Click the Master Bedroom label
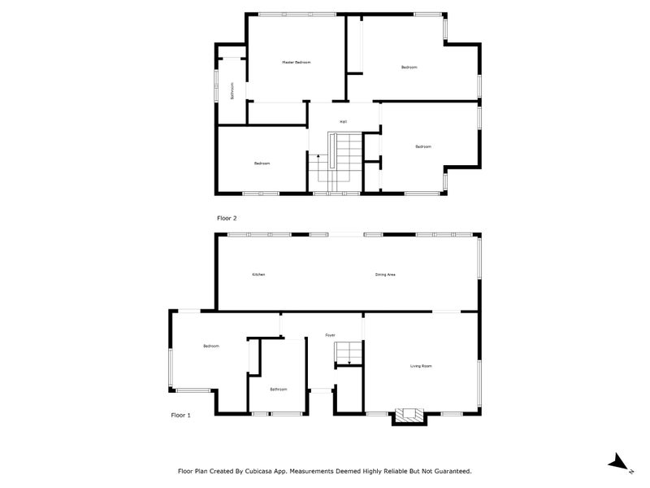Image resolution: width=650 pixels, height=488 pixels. (x=296, y=63)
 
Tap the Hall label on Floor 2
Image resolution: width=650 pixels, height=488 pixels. (x=343, y=122)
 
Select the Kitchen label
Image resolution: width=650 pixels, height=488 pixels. (x=258, y=275)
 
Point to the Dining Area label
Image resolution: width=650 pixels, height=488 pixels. (x=385, y=275)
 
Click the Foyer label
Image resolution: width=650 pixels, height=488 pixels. (x=330, y=335)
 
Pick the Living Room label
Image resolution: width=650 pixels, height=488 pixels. (x=420, y=367)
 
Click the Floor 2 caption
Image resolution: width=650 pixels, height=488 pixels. (x=226, y=218)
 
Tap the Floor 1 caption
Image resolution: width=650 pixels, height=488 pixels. (x=180, y=415)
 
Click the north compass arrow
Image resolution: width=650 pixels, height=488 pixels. (x=619, y=462)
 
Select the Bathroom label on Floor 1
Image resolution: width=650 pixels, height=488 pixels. (x=278, y=390)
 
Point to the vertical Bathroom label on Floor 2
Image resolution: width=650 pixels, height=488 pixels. (x=232, y=90)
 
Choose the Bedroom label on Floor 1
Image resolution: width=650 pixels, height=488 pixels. (x=211, y=346)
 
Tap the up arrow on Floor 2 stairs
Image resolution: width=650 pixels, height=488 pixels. (x=318, y=156)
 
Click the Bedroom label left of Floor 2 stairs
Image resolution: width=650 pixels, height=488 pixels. (x=262, y=163)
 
